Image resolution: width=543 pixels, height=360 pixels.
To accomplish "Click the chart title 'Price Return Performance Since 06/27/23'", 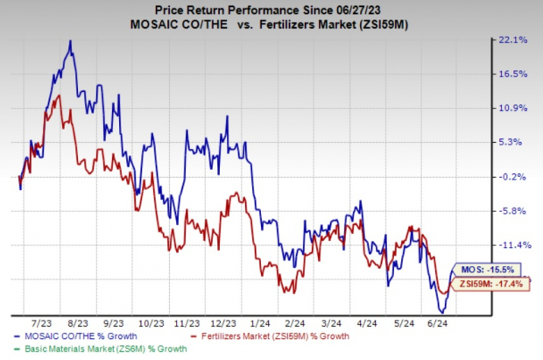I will (x=271, y=9).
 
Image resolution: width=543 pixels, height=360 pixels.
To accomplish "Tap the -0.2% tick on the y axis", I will (x=517, y=177).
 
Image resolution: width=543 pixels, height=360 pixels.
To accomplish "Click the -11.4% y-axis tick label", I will (x=515, y=245).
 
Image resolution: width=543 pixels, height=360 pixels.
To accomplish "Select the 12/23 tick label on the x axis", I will (x=225, y=322).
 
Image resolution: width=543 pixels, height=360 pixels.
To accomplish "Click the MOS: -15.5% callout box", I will (x=487, y=270).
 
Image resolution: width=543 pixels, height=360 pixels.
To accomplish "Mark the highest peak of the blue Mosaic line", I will (x=70, y=41).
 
